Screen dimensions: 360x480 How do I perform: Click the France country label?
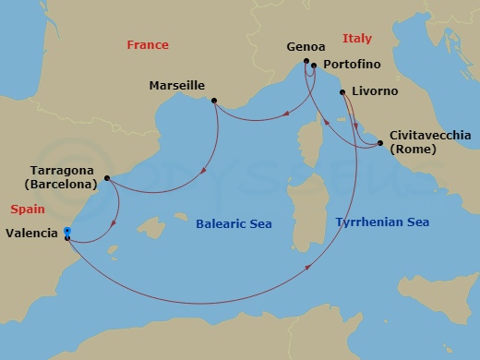[x=148, y=44]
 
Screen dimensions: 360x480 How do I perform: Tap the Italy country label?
[x=357, y=39]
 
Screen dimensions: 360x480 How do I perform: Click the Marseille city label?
[x=176, y=86]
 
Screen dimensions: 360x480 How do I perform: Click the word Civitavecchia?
[x=430, y=135]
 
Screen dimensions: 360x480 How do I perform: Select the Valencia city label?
[x=30, y=234]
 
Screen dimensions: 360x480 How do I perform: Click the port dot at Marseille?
[x=214, y=101]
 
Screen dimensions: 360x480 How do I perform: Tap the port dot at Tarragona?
[x=107, y=179]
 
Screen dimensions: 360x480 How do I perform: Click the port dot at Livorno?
[x=342, y=92]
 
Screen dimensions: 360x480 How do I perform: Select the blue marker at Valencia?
[x=67, y=233]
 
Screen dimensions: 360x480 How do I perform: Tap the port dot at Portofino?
[x=314, y=66]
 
